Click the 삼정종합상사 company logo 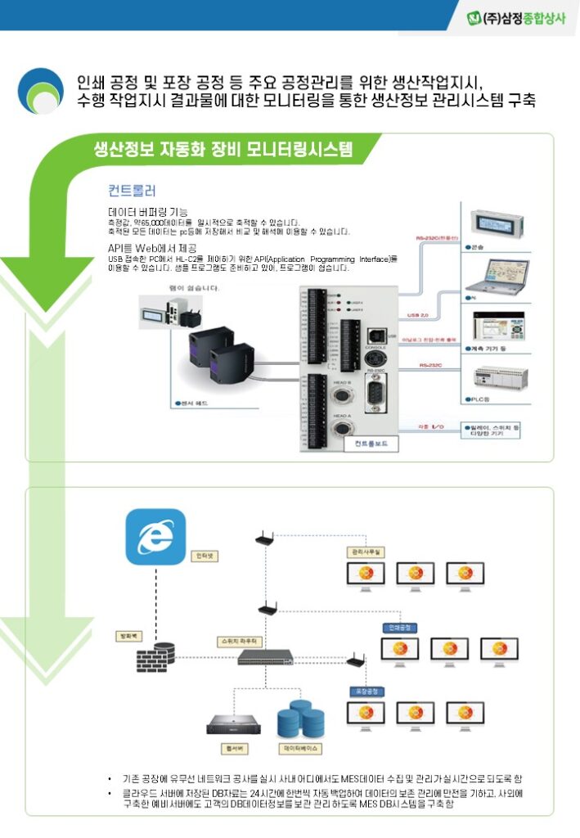(515, 17)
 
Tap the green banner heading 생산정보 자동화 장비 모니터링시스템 (223, 149)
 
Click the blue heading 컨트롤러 (132, 191)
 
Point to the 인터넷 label (205, 556)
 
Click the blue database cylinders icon (300, 718)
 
